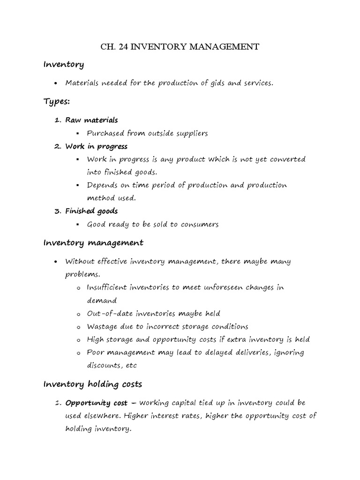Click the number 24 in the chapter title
(x=124, y=47)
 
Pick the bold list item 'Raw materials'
(x=91, y=120)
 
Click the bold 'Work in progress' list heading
(x=96, y=147)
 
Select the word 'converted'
(x=287, y=159)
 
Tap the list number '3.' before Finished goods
(x=58, y=211)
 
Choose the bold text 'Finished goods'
(x=91, y=211)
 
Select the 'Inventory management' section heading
(x=93, y=243)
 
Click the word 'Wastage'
(x=102, y=326)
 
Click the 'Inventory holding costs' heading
(x=92, y=384)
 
